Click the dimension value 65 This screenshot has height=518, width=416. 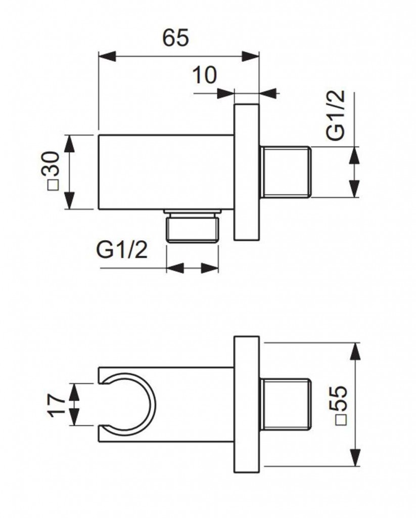click(176, 37)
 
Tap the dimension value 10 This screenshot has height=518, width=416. click(205, 75)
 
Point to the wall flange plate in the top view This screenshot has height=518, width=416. click(246, 172)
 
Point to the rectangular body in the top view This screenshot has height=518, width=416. click(166, 171)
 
